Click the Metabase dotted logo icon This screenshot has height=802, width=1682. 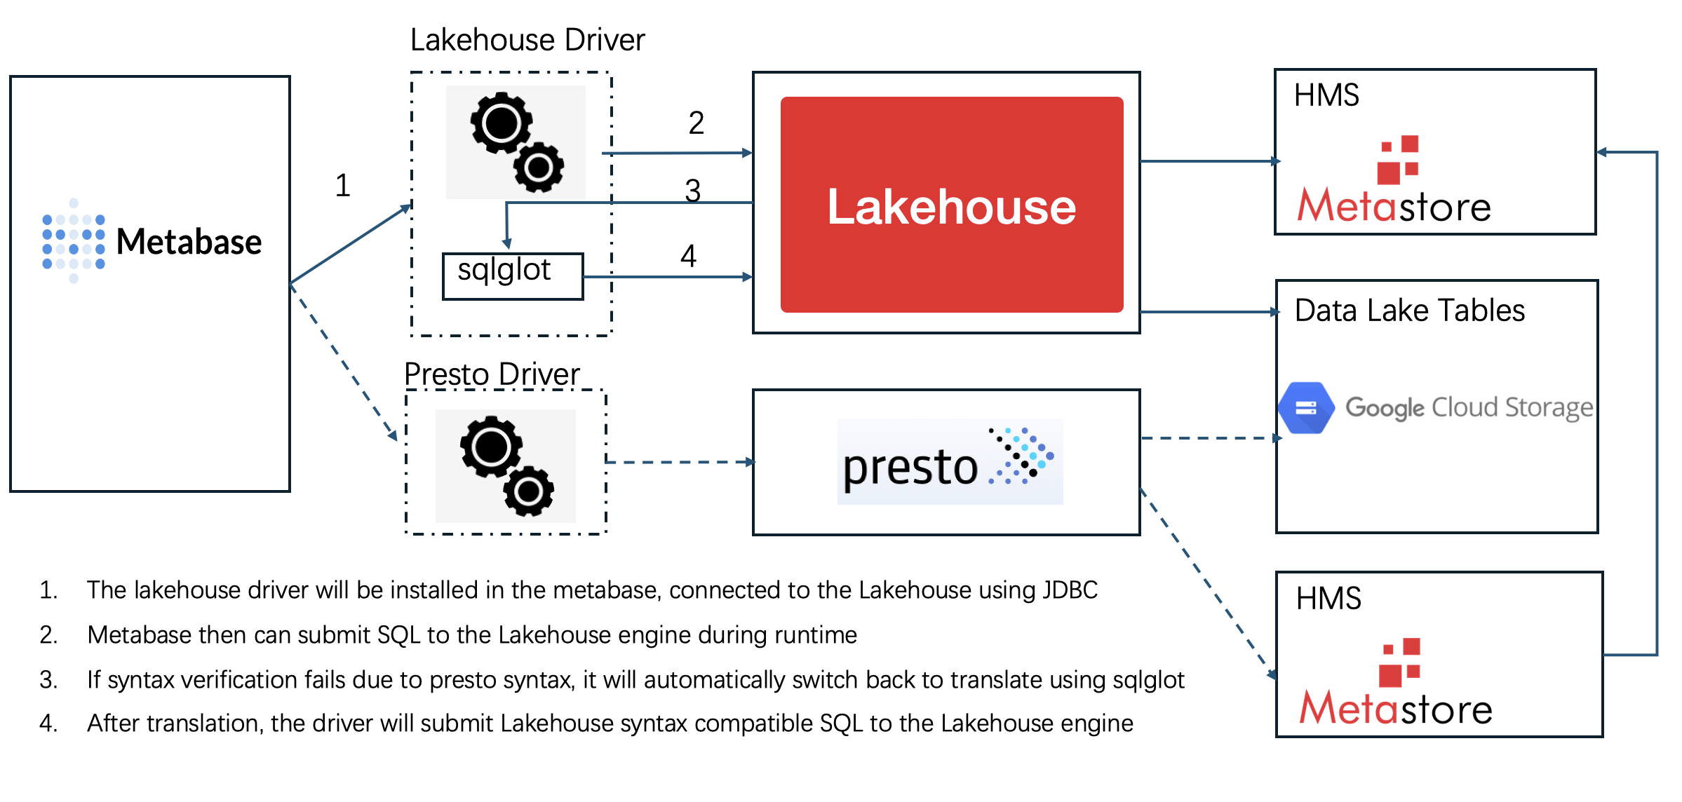click(x=73, y=241)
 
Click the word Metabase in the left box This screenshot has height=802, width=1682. click(x=189, y=242)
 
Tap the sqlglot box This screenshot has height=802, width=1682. click(x=512, y=276)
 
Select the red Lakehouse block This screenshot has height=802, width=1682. click(x=951, y=205)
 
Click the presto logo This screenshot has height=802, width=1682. click(x=950, y=462)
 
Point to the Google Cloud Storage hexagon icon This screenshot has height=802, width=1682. click(x=1306, y=407)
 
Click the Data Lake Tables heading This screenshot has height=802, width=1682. click(x=1409, y=311)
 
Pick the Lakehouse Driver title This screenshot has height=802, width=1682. click(x=527, y=40)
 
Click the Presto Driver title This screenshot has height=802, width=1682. click(x=492, y=374)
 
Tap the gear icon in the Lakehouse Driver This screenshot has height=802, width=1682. click(x=516, y=142)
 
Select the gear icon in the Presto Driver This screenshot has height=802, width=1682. click(x=506, y=466)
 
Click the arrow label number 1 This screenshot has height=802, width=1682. click(x=342, y=186)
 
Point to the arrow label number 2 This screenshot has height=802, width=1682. click(x=696, y=123)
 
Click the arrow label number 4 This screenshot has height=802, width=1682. click(x=688, y=256)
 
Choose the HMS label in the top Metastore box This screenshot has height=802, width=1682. click(x=1326, y=95)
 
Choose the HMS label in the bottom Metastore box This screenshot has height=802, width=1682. click(x=1328, y=599)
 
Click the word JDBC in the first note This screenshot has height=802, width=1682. click(x=1070, y=590)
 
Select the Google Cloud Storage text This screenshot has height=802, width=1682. click(x=1469, y=407)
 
